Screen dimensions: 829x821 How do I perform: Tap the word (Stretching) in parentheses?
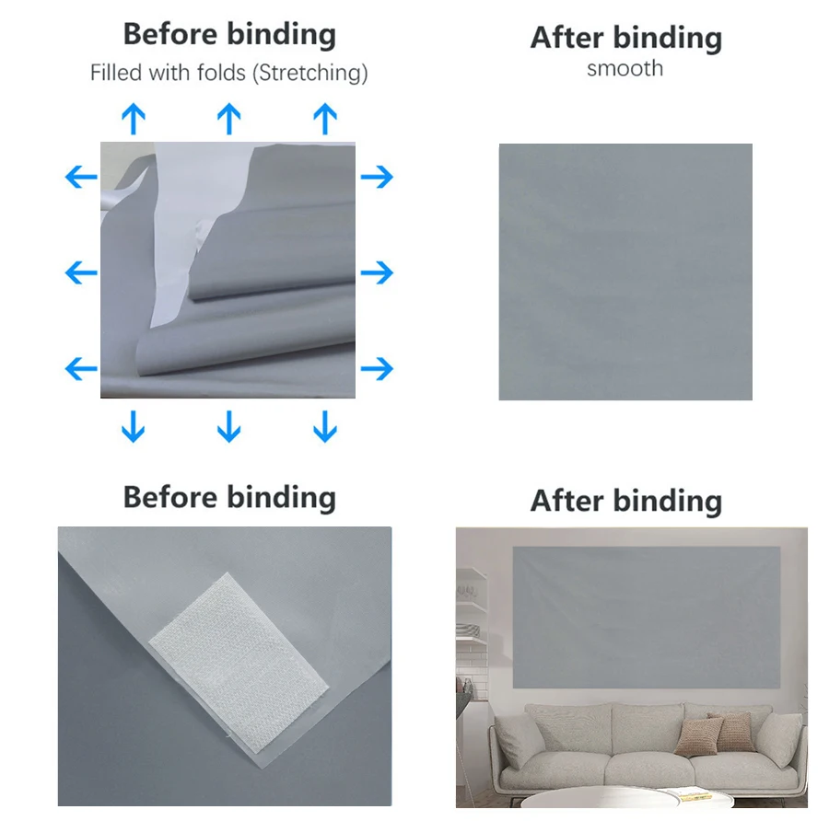tap(310, 74)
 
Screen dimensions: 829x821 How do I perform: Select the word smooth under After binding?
tap(625, 69)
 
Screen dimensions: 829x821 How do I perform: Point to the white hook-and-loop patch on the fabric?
tap(239, 663)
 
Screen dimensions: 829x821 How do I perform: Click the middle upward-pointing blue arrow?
tap(229, 119)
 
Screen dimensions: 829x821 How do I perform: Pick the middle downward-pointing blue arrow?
tap(229, 426)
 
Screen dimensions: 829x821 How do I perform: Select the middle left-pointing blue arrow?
tap(81, 272)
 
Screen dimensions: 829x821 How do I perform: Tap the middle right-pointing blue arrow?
tap(377, 272)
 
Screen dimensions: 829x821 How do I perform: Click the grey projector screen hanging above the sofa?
tap(646, 617)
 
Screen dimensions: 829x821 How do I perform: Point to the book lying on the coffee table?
tap(686, 793)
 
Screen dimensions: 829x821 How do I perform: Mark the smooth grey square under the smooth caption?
tap(625, 272)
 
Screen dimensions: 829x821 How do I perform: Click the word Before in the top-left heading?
tap(170, 34)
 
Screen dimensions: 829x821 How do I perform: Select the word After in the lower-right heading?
tap(566, 501)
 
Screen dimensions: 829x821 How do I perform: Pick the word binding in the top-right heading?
tap(668, 39)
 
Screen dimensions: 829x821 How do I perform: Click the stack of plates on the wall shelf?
tap(468, 630)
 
